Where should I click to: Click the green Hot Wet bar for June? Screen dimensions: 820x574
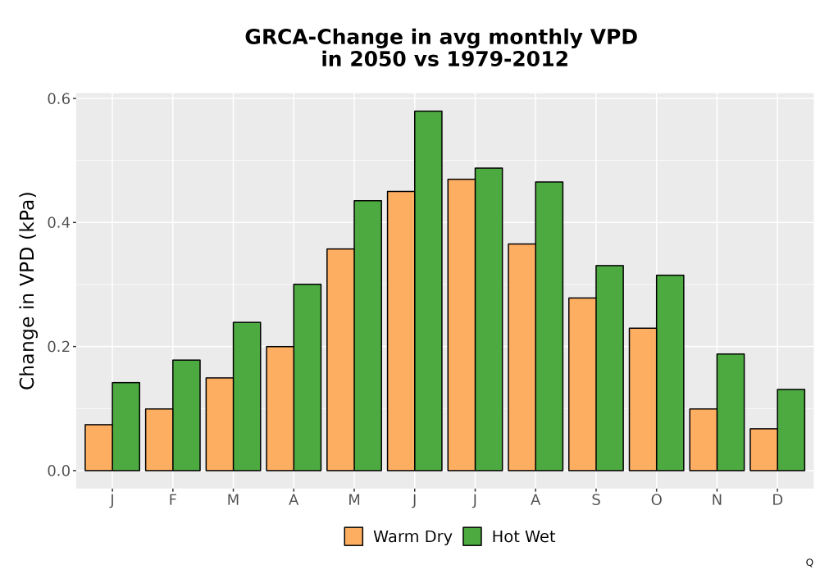(428, 290)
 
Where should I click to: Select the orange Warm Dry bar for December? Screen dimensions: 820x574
(763, 449)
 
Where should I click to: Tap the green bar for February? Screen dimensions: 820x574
(186, 415)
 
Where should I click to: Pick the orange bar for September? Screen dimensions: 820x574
(582, 385)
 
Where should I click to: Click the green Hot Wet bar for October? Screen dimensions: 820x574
(670, 373)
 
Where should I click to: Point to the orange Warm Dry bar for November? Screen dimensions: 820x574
(703, 440)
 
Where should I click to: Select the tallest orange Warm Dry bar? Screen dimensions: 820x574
(461, 325)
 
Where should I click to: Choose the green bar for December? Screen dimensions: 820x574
(790, 430)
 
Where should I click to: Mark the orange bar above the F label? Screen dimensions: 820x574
(159, 440)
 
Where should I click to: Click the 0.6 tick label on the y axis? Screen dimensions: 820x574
(58, 98)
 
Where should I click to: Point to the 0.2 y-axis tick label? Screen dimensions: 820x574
(58, 347)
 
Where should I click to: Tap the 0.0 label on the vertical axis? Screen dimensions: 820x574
(58, 471)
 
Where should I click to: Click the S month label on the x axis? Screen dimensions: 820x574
(595, 500)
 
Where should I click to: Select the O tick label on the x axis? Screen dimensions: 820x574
(656, 500)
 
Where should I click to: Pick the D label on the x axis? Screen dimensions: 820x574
(777, 500)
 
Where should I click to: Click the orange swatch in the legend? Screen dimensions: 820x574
(353, 536)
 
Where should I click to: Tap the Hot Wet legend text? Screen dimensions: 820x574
(523, 537)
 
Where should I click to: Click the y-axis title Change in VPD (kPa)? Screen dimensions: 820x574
(27, 291)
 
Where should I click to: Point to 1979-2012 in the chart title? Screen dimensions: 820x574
(508, 59)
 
